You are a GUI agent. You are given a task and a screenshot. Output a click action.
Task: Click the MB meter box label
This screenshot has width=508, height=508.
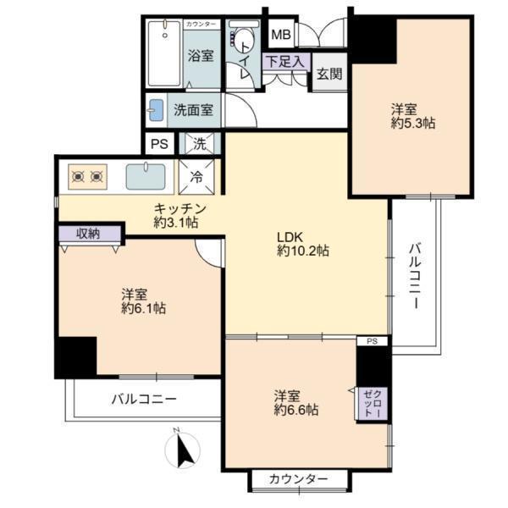(280, 35)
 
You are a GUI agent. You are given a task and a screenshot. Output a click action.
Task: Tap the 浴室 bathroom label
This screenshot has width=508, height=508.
(201, 56)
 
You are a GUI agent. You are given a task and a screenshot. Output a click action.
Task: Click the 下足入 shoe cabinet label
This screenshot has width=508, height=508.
(284, 61)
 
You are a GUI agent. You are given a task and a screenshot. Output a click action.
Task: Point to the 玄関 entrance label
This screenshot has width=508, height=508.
(329, 74)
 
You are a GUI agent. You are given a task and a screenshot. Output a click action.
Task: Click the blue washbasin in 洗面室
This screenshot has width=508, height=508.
(156, 110)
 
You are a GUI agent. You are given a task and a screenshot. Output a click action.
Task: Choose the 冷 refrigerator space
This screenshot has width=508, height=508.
(196, 177)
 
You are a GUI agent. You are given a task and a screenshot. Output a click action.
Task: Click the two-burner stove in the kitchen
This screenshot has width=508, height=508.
(87, 177)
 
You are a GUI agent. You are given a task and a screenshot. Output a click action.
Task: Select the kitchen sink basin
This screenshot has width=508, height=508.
(146, 177)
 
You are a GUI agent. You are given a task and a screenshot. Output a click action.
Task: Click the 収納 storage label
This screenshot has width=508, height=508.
(88, 234)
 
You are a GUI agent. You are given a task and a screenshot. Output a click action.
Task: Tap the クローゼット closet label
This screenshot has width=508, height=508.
(374, 403)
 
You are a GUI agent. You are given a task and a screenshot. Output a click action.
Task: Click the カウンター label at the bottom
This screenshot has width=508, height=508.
(298, 478)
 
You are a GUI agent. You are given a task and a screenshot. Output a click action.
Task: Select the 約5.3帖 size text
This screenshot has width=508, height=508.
(413, 124)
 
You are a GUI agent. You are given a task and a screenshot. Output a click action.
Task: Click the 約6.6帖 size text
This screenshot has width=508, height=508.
(296, 410)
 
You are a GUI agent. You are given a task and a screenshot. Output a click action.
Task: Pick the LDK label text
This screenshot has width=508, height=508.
(290, 237)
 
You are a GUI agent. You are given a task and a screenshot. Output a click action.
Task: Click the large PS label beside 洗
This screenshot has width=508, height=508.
(160, 144)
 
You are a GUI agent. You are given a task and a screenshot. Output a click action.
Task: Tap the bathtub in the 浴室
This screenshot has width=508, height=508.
(164, 53)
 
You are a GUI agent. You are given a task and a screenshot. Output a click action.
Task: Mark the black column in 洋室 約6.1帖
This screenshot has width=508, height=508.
(77, 357)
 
